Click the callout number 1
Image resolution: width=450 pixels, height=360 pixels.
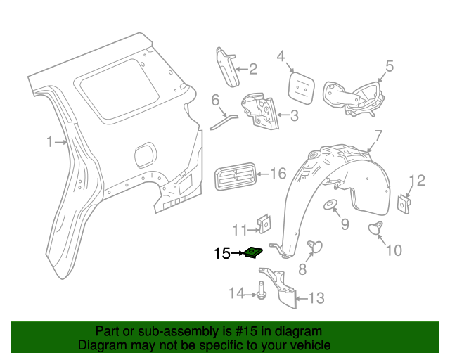click(x=50, y=143)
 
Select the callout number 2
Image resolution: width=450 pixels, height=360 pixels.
click(x=252, y=69)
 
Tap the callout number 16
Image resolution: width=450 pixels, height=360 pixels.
click(x=278, y=173)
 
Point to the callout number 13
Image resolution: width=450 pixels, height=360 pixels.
click(x=316, y=299)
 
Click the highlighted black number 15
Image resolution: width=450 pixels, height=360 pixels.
click(x=222, y=253)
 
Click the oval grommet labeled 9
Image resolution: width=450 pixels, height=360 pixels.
click(x=330, y=205)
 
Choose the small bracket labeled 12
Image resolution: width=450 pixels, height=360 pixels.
click(x=404, y=203)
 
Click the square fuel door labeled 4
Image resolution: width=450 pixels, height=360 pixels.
click(x=300, y=85)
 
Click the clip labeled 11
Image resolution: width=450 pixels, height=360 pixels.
click(x=264, y=223)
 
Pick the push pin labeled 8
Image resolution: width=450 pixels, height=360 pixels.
click(x=315, y=246)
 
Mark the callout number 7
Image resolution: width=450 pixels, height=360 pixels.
click(x=378, y=136)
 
